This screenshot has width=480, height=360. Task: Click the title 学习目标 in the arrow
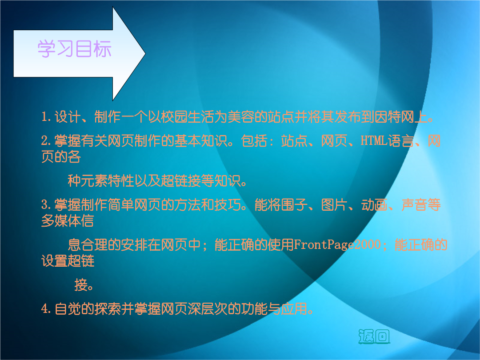74,49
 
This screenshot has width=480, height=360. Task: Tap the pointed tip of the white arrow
145,54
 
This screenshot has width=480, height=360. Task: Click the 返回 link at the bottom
374,336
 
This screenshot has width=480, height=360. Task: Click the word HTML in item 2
373,140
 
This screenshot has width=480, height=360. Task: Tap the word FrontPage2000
337,244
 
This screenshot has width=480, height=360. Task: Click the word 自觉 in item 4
68,308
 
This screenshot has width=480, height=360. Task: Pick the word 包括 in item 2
254,140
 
